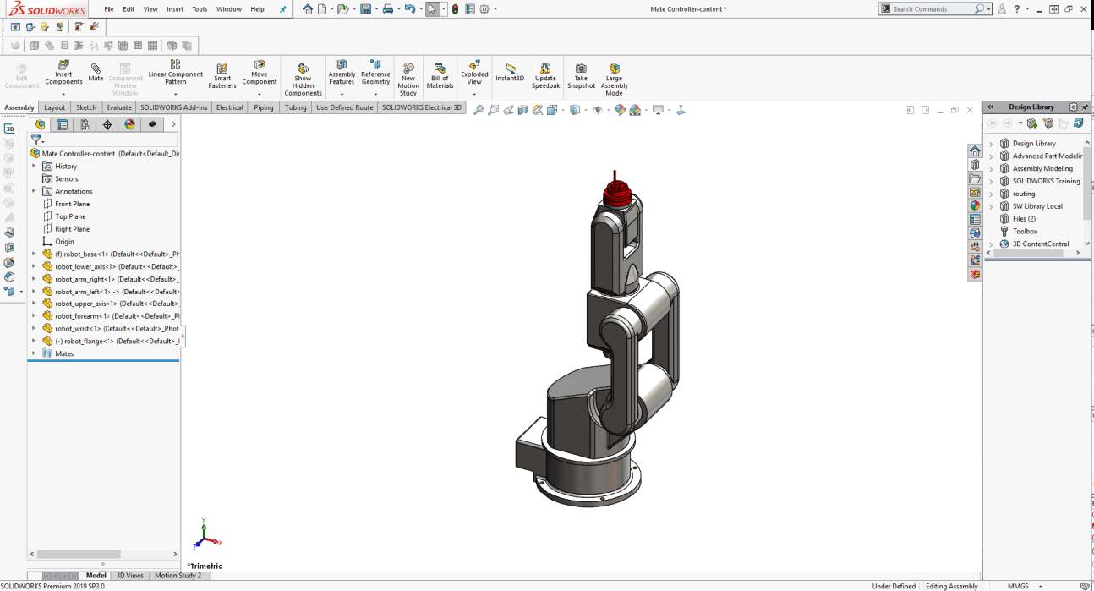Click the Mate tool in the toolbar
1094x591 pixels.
(x=96, y=72)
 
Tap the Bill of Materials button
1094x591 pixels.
(x=440, y=75)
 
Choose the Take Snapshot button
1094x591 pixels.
(x=581, y=75)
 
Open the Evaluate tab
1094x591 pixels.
(x=119, y=107)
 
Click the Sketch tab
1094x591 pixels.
(x=86, y=107)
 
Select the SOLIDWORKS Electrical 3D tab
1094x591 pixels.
(x=422, y=107)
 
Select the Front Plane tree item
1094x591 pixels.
(x=72, y=204)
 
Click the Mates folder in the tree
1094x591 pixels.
(x=64, y=353)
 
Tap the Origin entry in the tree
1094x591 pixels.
(x=64, y=242)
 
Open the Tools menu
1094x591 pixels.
(x=200, y=9)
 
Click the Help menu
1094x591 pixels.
(x=257, y=9)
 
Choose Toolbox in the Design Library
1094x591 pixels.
(x=1025, y=231)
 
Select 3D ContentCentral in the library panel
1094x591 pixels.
(x=1041, y=244)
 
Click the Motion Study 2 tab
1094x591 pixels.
(x=178, y=576)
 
